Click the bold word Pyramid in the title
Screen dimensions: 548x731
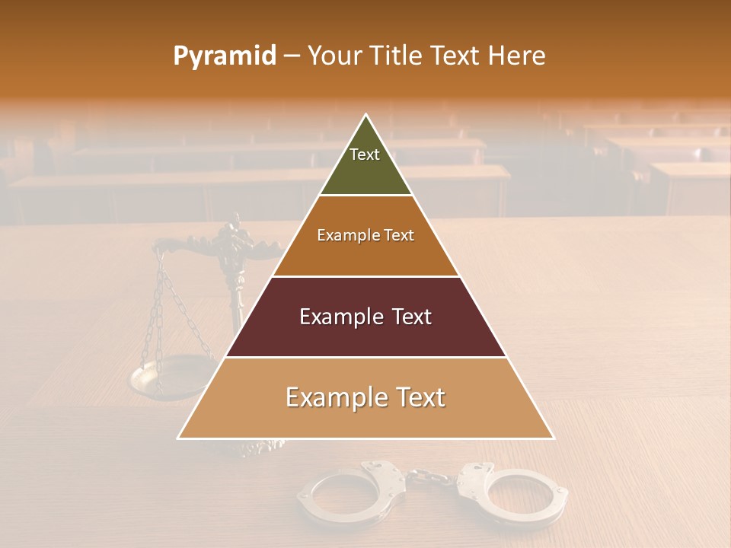(x=224, y=56)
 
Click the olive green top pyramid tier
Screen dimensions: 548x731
(x=365, y=171)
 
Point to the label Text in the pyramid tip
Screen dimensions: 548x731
(x=364, y=155)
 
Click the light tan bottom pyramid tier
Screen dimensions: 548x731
(x=365, y=419)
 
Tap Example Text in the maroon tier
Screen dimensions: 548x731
(x=365, y=317)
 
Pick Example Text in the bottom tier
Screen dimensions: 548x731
(x=365, y=397)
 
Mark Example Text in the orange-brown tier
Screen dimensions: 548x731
(x=365, y=235)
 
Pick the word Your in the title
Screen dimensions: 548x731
(x=334, y=56)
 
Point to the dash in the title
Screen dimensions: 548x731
(x=292, y=56)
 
